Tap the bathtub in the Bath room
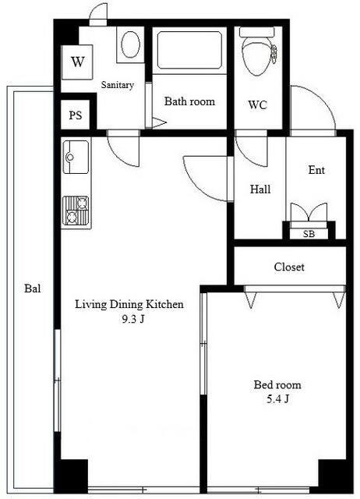tap(189, 50)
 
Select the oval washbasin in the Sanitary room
tap(131, 44)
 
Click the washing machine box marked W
tap(77, 62)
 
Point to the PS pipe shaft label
tap(76, 115)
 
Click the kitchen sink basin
tap(76, 157)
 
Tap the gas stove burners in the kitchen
tap(76, 211)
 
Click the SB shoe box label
tap(309, 234)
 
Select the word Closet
tap(289, 267)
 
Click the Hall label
tap(260, 189)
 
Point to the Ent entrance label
tap(316, 170)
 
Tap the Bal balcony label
tap(33, 288)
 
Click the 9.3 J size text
tap(133, 319)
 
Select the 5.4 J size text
tap(277, 398)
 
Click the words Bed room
tap(277, 384)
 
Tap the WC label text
tap(258, 104)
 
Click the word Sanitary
tap(118, 85)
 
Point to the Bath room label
tap(189, 101)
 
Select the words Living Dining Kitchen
tap(129, 304)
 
